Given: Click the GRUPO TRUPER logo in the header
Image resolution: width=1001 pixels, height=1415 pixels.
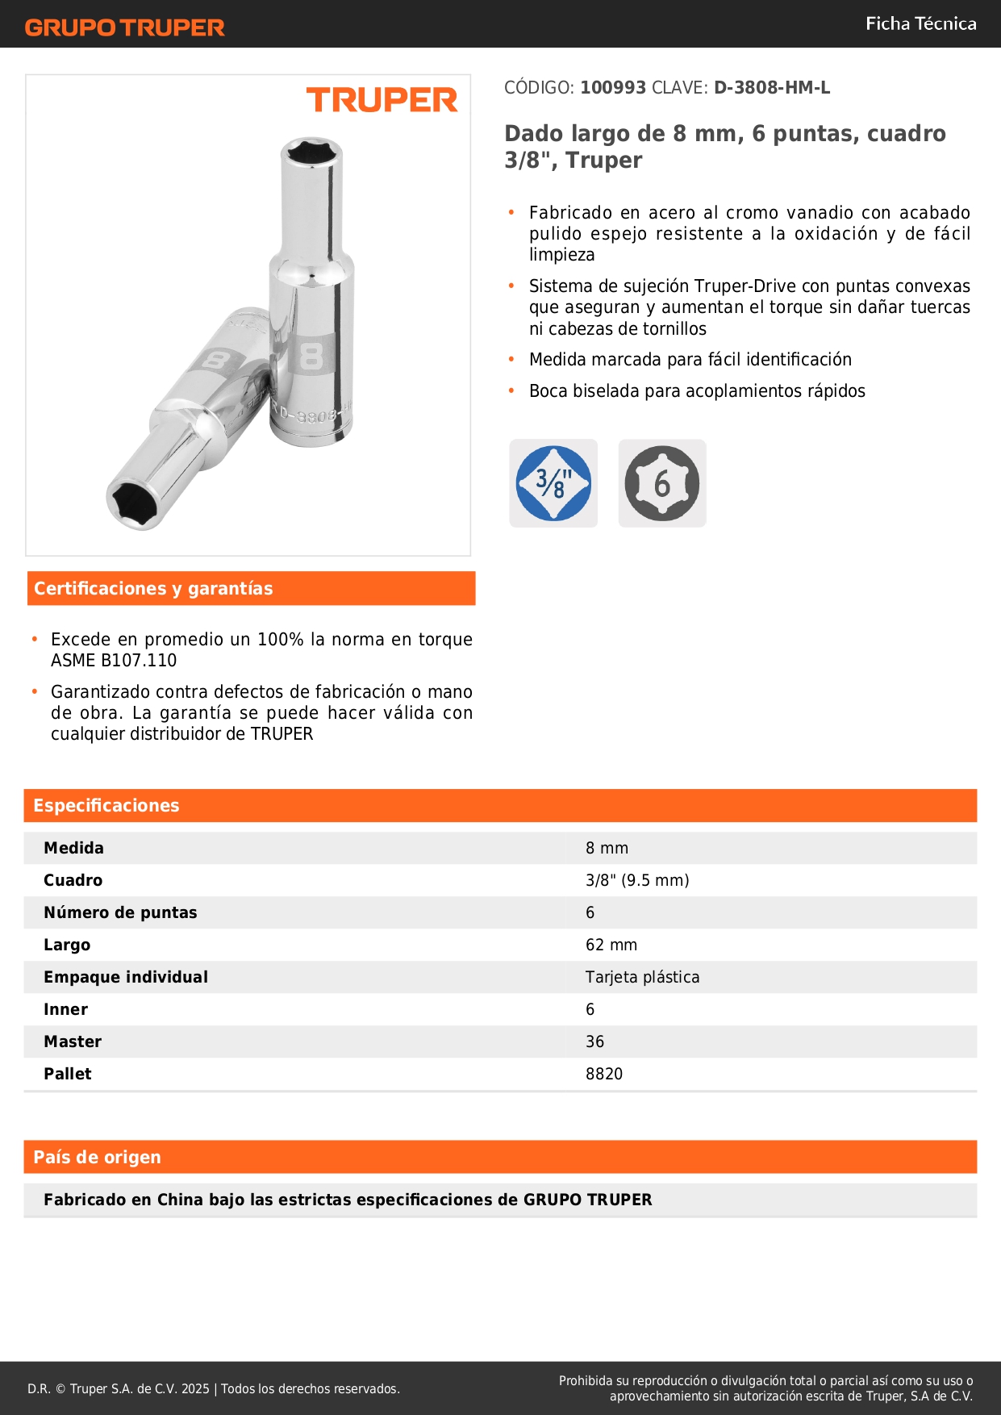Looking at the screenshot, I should coord(125,27).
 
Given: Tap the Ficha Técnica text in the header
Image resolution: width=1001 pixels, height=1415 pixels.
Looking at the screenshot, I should coord(920,23).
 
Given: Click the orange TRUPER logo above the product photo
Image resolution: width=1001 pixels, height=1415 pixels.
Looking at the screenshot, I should coord(382,100).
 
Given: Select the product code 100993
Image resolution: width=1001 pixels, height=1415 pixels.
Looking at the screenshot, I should coord(613,88).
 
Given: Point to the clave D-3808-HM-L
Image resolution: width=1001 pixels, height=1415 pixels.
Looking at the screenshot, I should coord(771,88).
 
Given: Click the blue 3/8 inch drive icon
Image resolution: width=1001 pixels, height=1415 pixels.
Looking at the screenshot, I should coord(553,483).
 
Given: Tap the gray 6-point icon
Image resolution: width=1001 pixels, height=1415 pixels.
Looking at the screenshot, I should coord(662,483).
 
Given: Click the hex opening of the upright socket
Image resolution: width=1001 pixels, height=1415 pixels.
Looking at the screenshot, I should coord(312,152).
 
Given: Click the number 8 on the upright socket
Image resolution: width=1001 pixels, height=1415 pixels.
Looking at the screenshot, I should coord(311,356).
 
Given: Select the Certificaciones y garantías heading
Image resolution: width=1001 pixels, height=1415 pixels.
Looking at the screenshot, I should coord(153,588).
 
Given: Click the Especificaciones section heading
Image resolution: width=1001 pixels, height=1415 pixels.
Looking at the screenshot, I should coord(106,805).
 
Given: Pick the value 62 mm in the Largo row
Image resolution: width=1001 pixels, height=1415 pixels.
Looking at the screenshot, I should coord(611,945).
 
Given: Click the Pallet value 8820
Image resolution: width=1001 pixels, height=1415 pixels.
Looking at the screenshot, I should coord(604,1074).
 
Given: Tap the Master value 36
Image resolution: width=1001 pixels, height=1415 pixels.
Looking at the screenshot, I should coord(594,1041).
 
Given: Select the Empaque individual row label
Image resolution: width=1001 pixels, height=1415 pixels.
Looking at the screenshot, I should coord(126,977).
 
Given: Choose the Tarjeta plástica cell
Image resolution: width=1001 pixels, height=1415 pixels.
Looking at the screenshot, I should coord(642,977).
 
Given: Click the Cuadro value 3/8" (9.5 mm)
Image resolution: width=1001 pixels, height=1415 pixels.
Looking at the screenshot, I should coord(637,880).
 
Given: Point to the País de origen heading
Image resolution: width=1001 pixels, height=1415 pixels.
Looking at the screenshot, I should coord(97,1157).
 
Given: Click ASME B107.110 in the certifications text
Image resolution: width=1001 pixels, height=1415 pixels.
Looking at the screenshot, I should coord(114,661).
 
